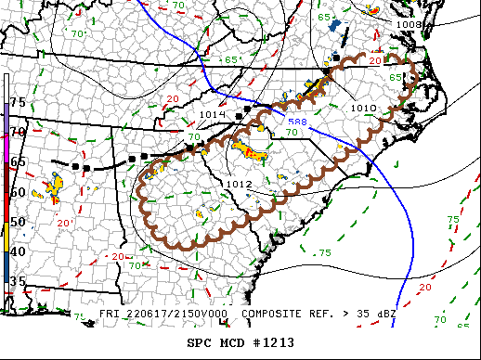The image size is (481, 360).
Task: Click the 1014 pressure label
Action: pos(212,114)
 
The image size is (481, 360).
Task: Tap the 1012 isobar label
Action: pos(239,185)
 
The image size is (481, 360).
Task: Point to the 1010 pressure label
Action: pos(363,109)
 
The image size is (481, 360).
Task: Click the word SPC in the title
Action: pos(200,342)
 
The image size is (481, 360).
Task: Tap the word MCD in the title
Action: pos(232,342)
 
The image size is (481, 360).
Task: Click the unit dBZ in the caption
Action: pos(383,314)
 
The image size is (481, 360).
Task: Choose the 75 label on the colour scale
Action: pos(18,101)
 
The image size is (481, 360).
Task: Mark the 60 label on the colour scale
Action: pos(18,192)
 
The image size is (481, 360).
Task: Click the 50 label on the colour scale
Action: pos(18,222)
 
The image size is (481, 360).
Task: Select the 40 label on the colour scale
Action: pos(18,251)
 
